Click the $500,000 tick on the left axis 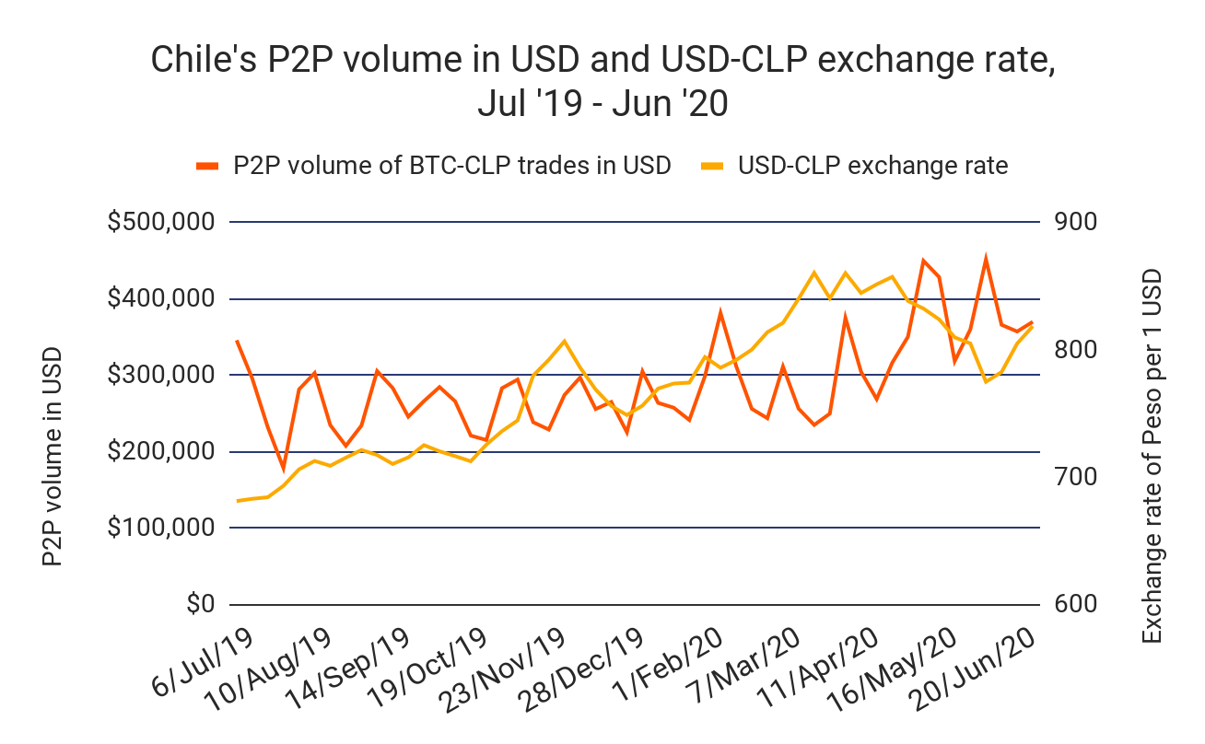pyautogui.click(x=161, y=223)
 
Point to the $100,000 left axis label pyautogui.click(x=161, y=529)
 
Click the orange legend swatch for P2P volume pyautogui.click(x=208, y=166)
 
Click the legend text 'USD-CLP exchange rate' pyautogui.click(x=873, y=166)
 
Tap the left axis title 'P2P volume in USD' pyautogui.click(x=53, y=457)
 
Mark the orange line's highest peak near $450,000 pyautogui.click(x=986, y=259)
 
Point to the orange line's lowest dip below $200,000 pyautogui.click(x=284, y=469)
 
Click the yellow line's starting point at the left pyautogui.click(x=237, y=501)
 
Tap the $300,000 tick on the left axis pyautogui.click(x=161, y=376)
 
